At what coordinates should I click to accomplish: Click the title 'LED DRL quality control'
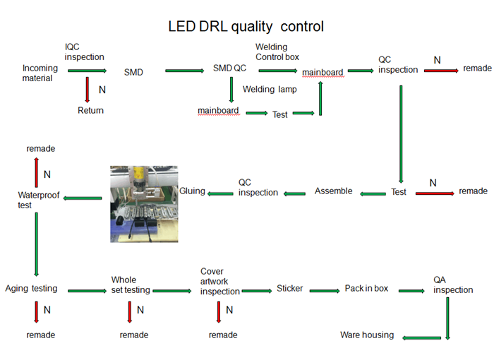tap(246, 27)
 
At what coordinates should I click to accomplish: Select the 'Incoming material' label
tap(40, 73)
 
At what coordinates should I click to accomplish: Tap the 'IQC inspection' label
tap(84, 52)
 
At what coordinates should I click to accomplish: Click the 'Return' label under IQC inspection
tap(90, 110)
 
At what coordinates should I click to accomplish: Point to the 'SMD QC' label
tap(230, 68)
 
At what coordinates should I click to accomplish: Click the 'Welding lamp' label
tap(270, 90)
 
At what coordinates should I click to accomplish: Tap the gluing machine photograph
tap(144, 204)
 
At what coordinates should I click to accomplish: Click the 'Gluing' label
tap(192, 191)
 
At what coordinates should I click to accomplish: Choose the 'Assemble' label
tap(333, 191)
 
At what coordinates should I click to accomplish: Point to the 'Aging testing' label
tap(31, 289)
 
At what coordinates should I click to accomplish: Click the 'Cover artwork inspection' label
tap(219, 281)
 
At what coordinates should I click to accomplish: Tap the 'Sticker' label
tap(289, 289)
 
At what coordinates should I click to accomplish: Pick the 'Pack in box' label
tap(366, 289)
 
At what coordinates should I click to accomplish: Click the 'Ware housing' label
tap(367, 335)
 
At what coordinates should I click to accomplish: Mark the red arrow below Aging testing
tap(35, 311)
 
